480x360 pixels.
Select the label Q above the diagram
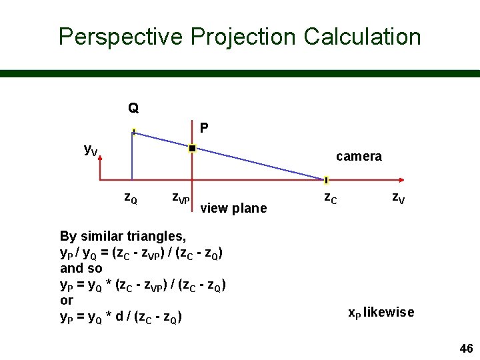pyautogui.click(x=133, y=108)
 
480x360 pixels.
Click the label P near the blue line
pyautogui.click(x=204, y=127)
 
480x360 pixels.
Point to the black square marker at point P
pyautogui.click(x=192, y=148)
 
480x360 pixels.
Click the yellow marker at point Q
pyautogui.click(x=133, y=131)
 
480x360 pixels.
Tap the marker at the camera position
pyautogui.click(x=326, y=180)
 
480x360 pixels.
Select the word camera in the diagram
pyautogui.click(x=359, y=157)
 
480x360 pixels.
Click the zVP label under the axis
pyautogui.click(x=180, y=197)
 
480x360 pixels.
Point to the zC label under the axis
pyautogui.click(x=330, y=197)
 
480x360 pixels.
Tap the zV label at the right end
pyautogui.click(x=397, y=197)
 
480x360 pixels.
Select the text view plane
pyautogui.click(x=233, y=208)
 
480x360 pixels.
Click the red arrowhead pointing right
pyautogui.click(x=401, y=180)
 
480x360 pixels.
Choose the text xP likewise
pyautogui.click(x=381, y=312)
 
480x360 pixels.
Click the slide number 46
pyautogui.click(x=466, y=349)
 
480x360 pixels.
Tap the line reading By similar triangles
pyautogui.click(x=123, y=236)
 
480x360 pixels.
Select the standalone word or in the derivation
pyautogui.click(x=66, y=301)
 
